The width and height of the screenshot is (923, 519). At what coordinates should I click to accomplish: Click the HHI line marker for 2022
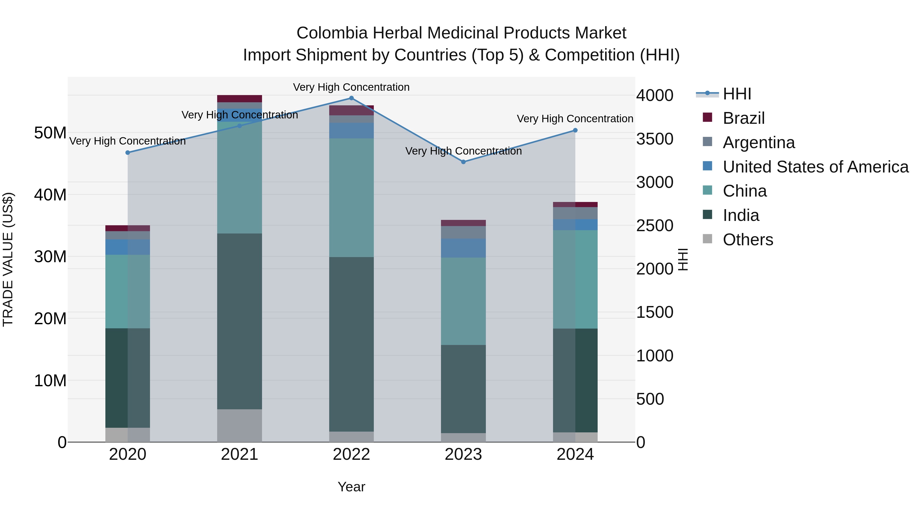[351, 98]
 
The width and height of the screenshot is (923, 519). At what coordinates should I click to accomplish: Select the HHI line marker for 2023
[463, 162]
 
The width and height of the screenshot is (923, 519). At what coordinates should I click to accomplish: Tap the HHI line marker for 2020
[128, 152]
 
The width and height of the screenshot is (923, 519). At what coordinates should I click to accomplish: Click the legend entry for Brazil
[744, 118]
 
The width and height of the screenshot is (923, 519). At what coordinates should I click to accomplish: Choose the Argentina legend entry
[759, 143]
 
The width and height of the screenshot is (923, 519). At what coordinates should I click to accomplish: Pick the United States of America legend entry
[815, 167]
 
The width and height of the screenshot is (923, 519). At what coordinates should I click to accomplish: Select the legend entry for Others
[748, 240]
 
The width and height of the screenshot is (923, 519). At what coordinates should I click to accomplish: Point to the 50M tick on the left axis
[50, 133]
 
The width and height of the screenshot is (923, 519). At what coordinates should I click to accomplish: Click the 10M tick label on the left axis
[50, 380]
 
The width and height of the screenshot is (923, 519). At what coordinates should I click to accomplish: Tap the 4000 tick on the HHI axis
[655, 96]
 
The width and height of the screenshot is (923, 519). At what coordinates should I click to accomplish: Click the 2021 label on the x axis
[239, 454]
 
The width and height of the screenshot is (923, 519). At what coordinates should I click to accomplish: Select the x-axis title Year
[351, 487]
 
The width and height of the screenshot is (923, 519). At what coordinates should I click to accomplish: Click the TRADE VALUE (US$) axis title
[8, 259]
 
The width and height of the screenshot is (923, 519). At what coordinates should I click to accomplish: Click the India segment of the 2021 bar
[239, 321]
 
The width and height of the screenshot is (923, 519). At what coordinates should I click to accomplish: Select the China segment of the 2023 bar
[463, 301]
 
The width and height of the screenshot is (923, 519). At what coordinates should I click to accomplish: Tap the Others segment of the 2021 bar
[239, 425]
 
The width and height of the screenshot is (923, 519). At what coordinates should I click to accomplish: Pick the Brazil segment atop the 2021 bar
[239, 98]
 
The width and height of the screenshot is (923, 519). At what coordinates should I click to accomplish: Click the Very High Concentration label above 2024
[575, 119]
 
